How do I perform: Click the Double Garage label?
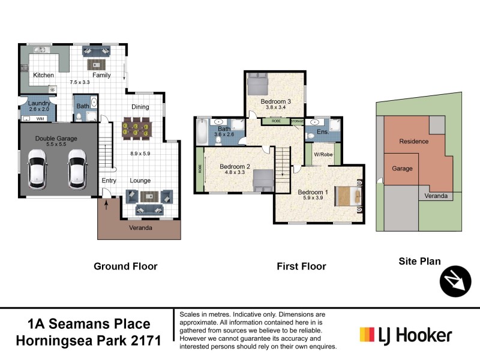tap(56, 138)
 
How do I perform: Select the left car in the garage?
tap(37, 168)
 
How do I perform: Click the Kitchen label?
tap(43, 75)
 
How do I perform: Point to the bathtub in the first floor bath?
tap(201, 131)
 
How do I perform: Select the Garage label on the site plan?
tap(402, 169)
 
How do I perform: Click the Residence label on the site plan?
tap(414, 142)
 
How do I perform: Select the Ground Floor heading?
tap(125, 266)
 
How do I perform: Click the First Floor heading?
tap(301, 266)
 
